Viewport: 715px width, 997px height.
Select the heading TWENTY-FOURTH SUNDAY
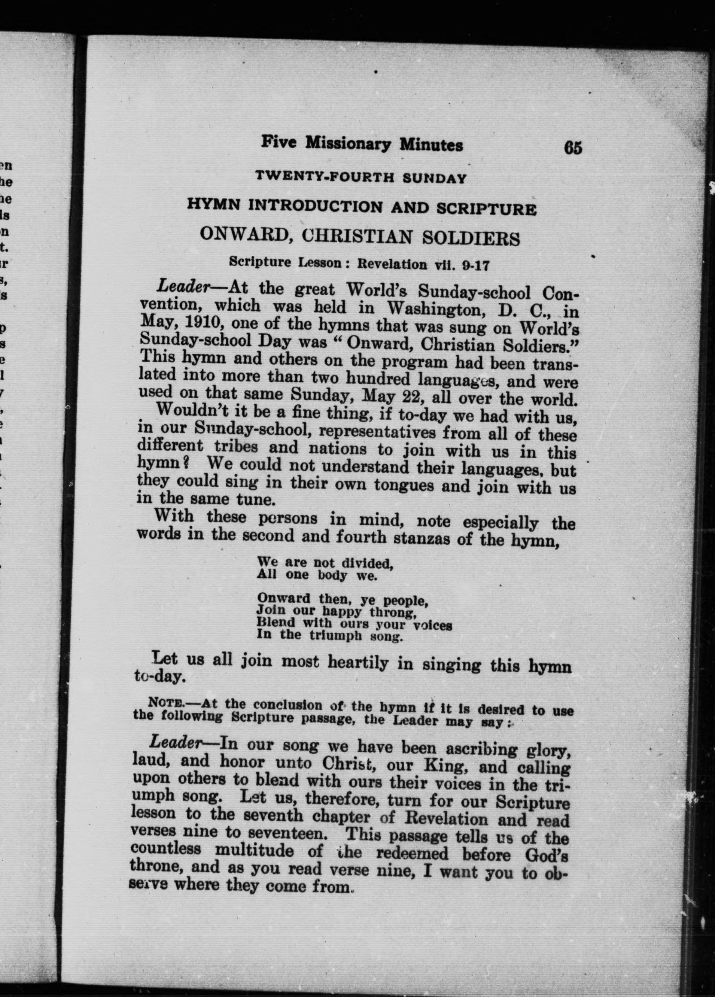[x=361, y=179]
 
